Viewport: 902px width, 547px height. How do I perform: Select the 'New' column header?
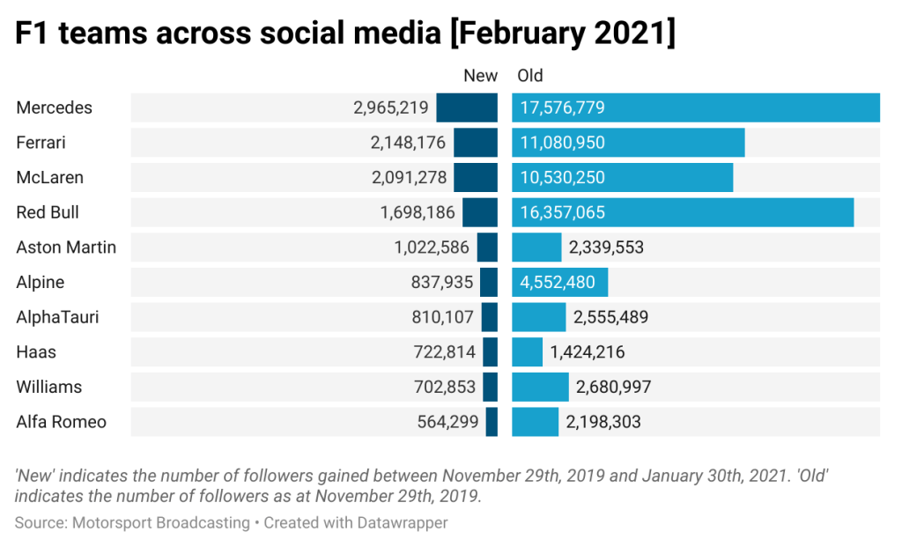pyautogui.click(x=480, y=76)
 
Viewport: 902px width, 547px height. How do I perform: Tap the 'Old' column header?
pyautogui.click(x=530, y=76)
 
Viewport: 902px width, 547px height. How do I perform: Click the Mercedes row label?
pyautogui.click(x=55, y=107)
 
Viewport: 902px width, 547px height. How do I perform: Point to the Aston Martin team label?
pyautogui.click(x=66, y=248)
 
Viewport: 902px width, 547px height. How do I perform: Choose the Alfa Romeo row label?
pyautogui.click(x=62, y=422)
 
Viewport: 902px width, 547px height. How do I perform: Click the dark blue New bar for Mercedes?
pyautogui.click(x=467, y=107)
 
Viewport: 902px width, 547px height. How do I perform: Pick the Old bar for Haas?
pyautogui.click(x=527, y=352)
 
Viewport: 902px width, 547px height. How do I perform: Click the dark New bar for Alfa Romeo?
pyautogui.click(x=492, y=422)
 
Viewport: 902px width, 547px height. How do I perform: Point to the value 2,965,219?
pyautogui.click(x=391, y=108)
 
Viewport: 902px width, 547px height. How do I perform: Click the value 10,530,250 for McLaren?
pyautogui.click(x=562, y=178)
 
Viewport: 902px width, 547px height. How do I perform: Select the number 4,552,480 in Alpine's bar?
pyautogui.click(x=558, y=283)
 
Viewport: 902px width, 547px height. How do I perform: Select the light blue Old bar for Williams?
pyautogui.click(x=540, y=387)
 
